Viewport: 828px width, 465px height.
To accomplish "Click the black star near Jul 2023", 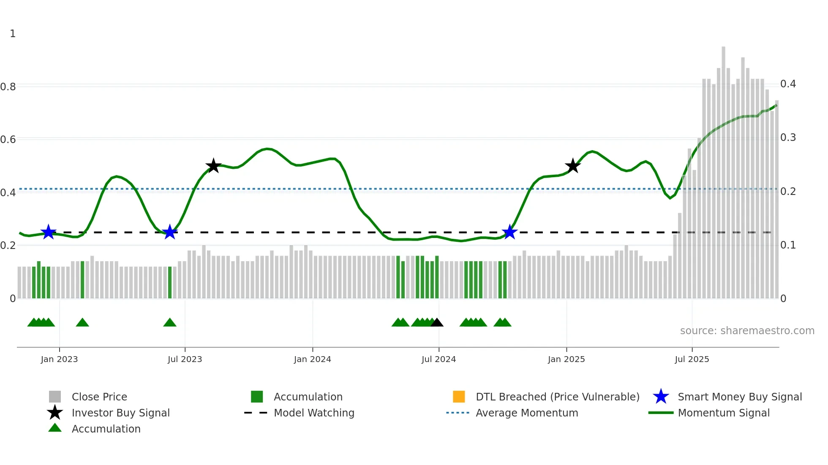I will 213,166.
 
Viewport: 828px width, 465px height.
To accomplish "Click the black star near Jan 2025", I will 573,166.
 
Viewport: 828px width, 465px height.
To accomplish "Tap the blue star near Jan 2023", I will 49,232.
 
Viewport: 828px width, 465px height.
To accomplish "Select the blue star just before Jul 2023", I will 170,232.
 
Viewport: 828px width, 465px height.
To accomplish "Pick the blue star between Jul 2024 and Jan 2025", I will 510,232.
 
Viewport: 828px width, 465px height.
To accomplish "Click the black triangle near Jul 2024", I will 437,323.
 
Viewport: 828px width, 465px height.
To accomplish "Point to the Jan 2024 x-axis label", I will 312,359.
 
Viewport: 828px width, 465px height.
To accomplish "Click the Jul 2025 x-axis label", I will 692,359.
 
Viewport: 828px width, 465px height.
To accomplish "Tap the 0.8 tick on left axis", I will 8,87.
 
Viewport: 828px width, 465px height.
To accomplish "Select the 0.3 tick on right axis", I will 788,138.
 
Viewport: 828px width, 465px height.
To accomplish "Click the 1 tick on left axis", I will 13,34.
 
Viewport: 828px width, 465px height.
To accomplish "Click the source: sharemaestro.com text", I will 747,331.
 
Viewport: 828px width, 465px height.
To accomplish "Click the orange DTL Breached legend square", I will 459,397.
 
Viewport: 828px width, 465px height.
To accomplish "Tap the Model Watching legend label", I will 314,413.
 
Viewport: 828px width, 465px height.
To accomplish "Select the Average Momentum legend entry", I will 526,413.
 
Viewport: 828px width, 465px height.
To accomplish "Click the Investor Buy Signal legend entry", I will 120,413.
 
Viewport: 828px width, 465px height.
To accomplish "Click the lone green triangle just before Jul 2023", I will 170,323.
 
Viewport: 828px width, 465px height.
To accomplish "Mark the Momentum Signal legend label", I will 723,413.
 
